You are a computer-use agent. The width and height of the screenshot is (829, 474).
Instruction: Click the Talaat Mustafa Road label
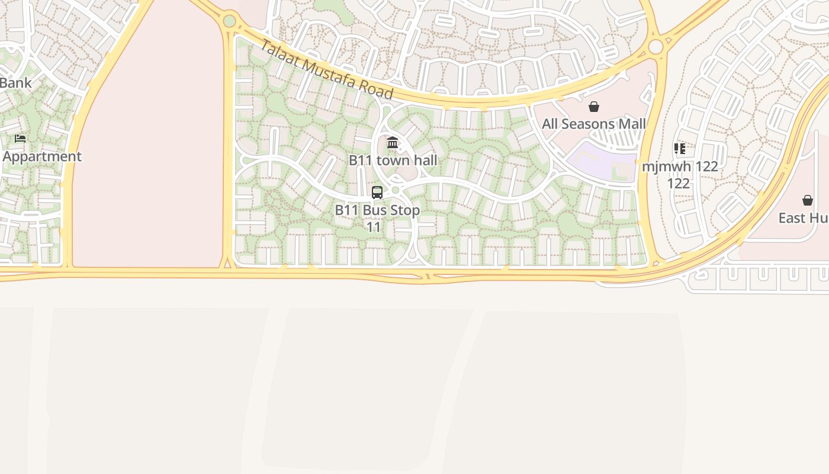pos(326,70)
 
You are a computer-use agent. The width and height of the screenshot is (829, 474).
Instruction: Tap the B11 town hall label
pos(393,160)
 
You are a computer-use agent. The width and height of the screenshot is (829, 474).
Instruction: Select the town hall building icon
pos(393,143)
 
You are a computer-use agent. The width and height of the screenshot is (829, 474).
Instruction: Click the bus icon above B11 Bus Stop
pos(377,193)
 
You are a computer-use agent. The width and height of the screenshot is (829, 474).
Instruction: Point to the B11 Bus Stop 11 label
pos(377,218)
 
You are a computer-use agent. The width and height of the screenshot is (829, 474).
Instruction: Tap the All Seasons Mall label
pos(594,124)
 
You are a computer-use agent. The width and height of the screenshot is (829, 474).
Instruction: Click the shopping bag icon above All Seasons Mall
pos(594,107)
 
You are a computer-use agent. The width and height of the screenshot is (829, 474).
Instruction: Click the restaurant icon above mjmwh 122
pos(679,149)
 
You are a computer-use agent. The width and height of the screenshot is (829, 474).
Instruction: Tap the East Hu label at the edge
pos(803,218)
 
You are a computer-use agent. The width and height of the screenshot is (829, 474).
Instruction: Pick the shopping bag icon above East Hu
pos(808,200)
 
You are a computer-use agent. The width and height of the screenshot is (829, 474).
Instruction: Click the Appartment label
pos(42,156)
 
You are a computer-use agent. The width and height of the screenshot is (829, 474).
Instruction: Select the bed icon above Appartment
pos(20,139)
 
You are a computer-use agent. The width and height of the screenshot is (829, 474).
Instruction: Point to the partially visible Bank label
pos(15,82)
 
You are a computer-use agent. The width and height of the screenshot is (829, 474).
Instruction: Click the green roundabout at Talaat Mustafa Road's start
pos(230,21)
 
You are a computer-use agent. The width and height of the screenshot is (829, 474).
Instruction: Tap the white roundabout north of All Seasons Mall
pos(656,47)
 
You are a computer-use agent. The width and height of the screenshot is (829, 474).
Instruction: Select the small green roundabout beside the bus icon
pos(396,190)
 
